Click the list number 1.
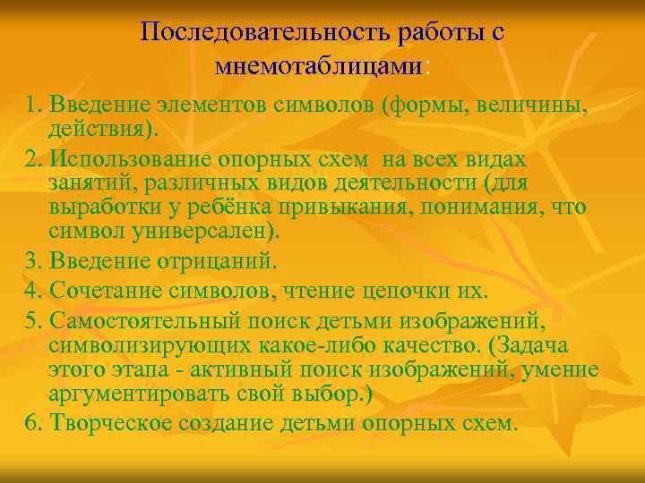pos(33,107)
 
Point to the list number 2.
pos(33,158)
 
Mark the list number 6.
pos(33,420)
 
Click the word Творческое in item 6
pos(110,420)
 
